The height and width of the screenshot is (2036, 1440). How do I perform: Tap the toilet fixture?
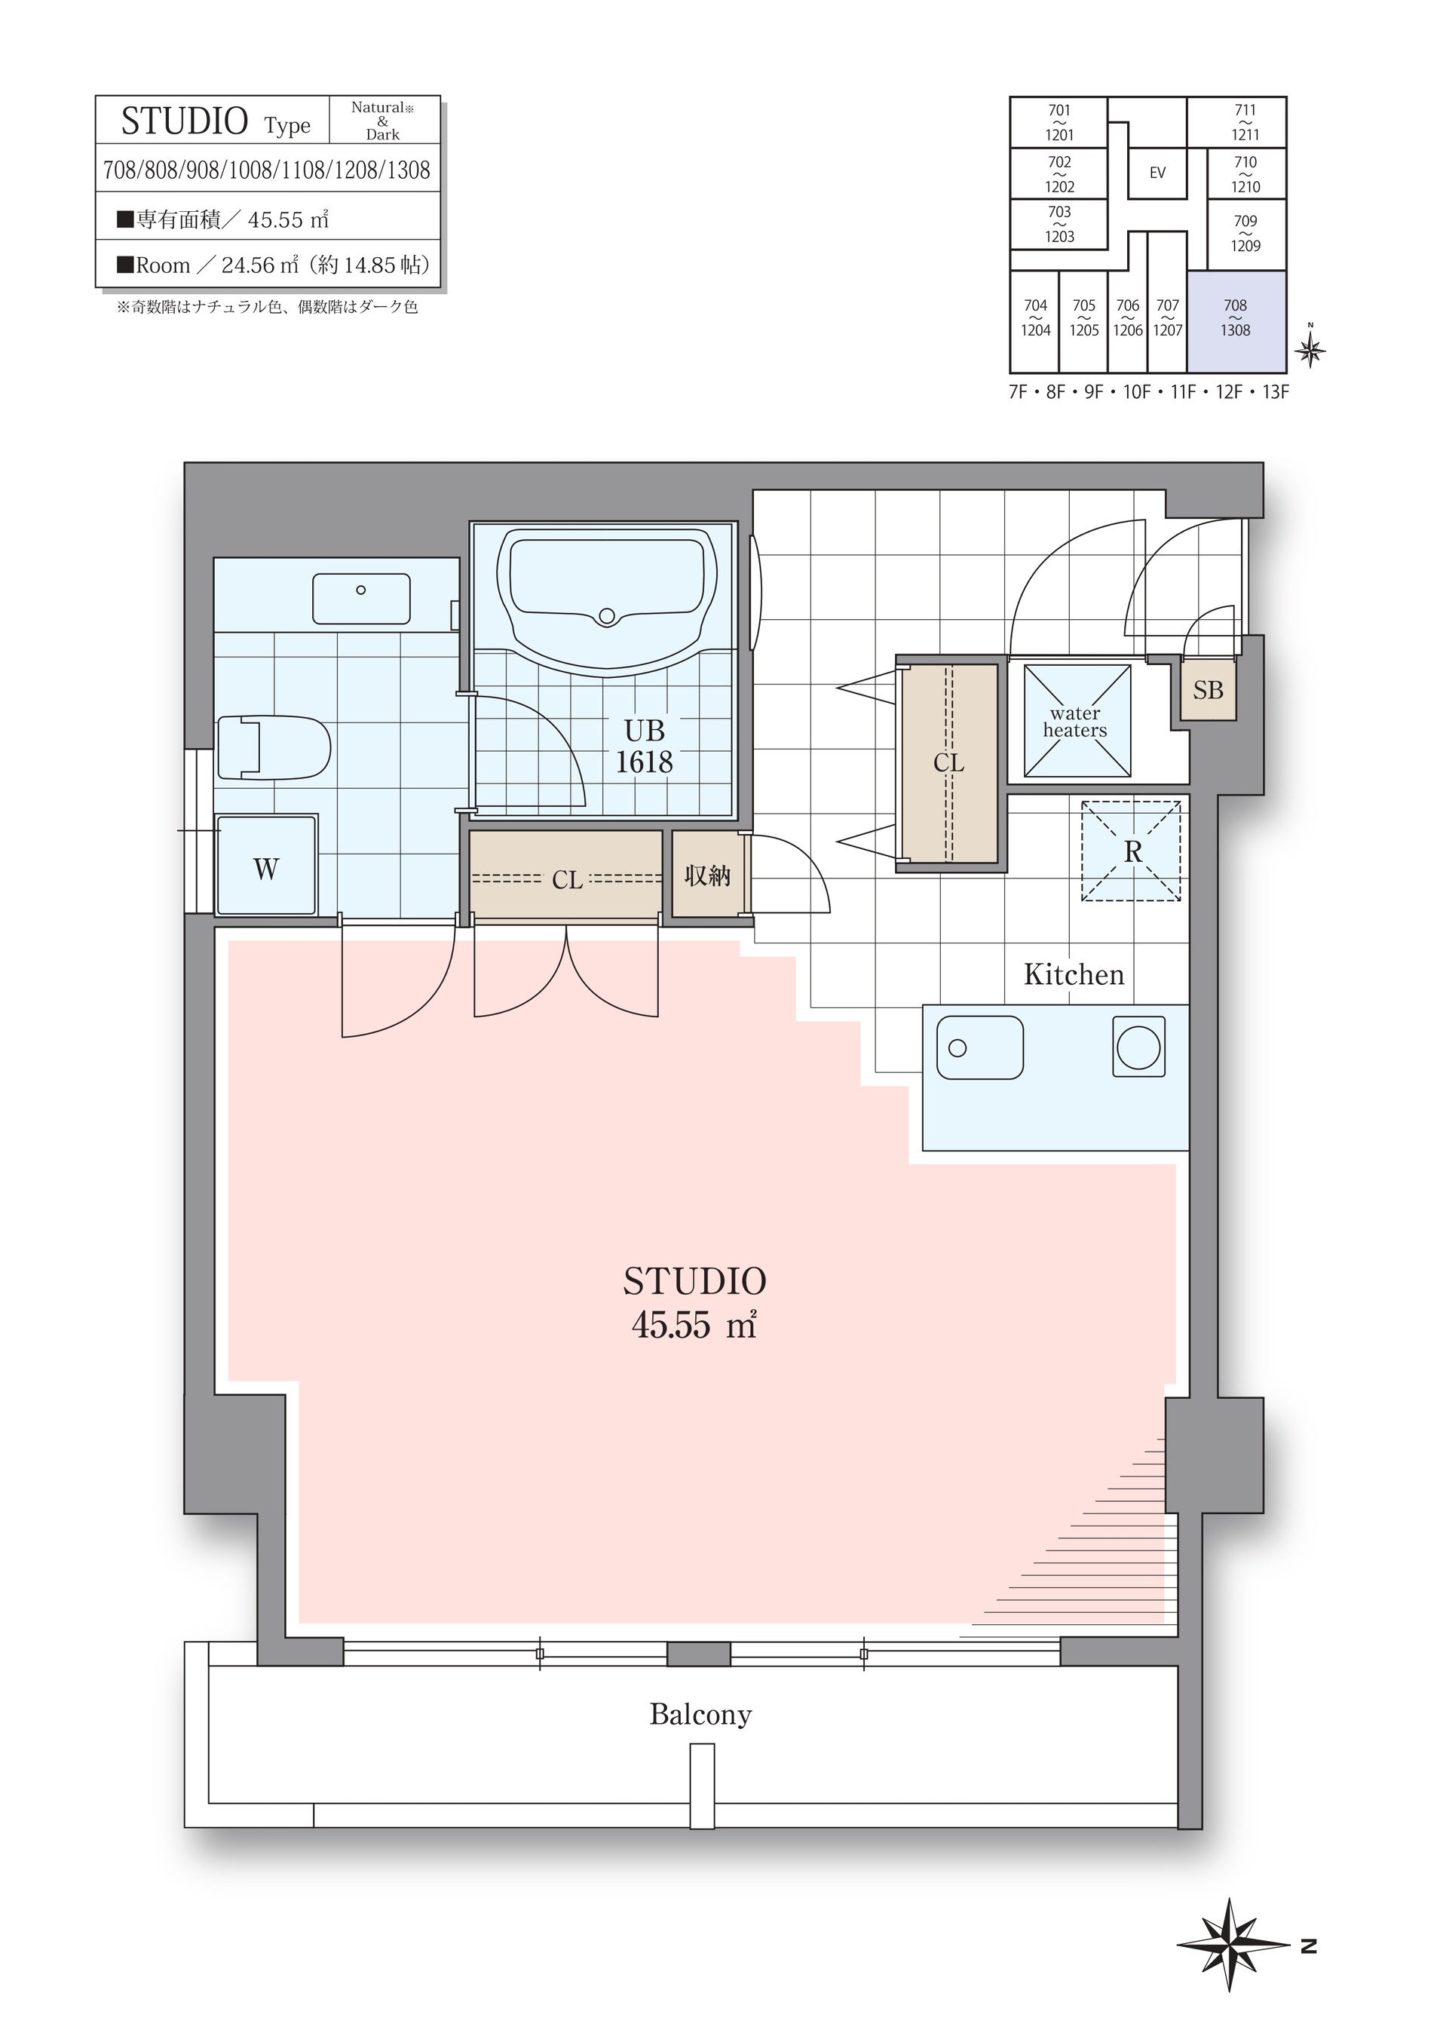273,747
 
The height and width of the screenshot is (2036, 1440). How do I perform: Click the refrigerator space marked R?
1132,851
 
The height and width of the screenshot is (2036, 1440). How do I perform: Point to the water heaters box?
1077,722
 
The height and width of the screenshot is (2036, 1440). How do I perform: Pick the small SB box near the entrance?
1208,689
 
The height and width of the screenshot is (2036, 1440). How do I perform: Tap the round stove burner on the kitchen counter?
1138,1047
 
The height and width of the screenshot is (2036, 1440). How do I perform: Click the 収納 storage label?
706,876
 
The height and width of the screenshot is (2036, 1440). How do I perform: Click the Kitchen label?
1074,974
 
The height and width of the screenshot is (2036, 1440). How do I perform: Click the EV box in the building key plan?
1157,173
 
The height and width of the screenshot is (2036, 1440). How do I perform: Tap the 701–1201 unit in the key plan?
1059,122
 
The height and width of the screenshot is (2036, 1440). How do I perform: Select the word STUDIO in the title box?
185,121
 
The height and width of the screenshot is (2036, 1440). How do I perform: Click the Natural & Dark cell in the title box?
383,121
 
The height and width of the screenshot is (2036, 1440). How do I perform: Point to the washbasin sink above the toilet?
361,599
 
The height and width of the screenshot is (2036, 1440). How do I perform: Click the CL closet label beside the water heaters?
948,762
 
